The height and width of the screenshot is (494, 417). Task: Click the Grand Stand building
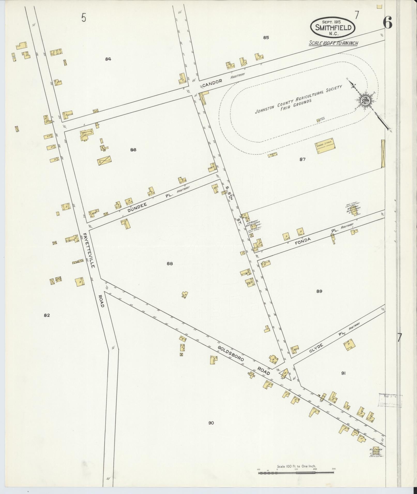[325, 146]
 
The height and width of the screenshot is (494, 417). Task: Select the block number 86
[133, 150]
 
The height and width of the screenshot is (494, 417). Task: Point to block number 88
[170, 264]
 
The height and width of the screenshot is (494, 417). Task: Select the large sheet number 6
[387, 23]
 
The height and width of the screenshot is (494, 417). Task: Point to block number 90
[211, 423]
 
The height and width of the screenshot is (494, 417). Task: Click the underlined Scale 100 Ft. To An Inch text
[333, 43]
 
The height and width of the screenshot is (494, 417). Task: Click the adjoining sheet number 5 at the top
[84, 18]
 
